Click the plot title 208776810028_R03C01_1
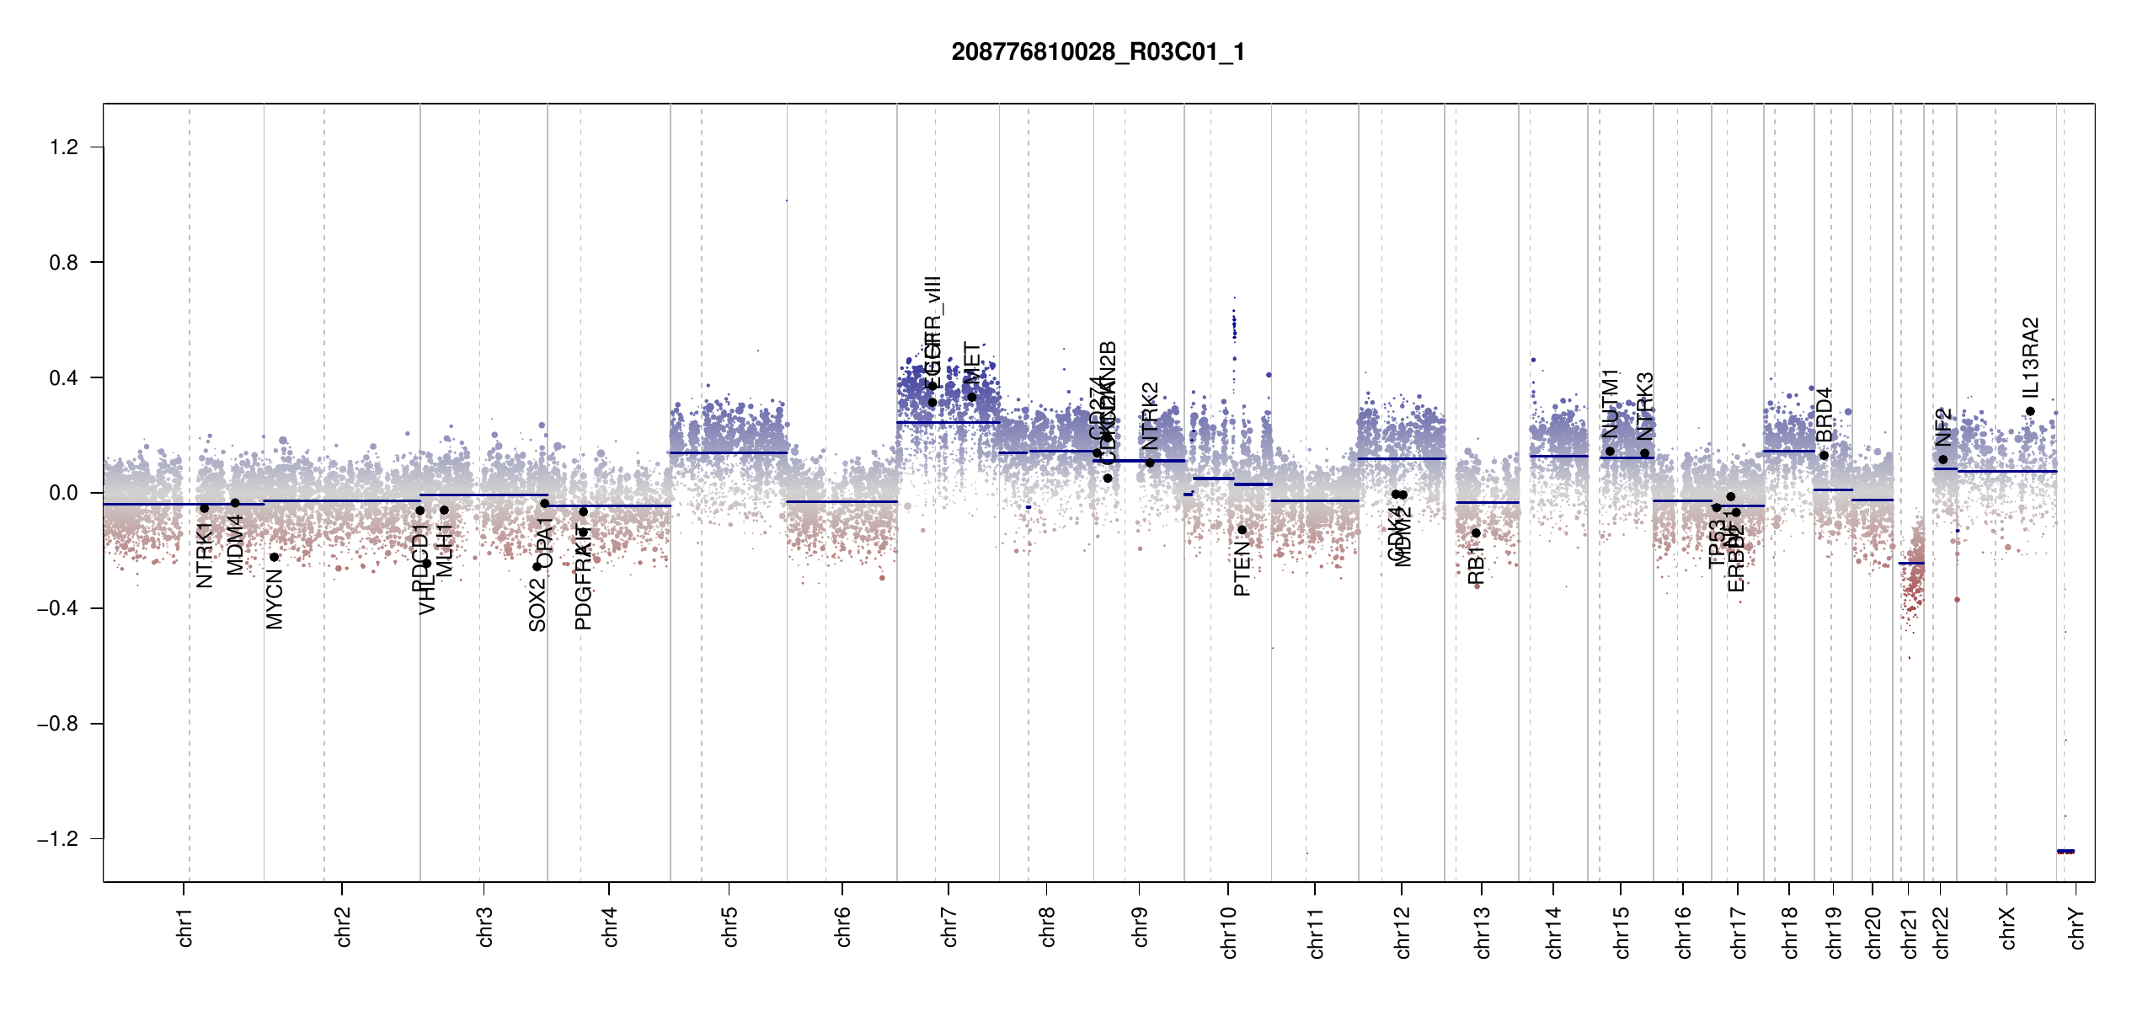(1098, 52)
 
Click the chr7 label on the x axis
(949, 927)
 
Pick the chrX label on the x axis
(2007, 928)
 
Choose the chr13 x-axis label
(1482, 932)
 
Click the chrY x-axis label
(2076, 928)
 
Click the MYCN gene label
(275, 599)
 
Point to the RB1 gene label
(1476, 564)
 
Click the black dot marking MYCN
(274, 557)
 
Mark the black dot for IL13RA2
(2030, 411)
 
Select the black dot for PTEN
(1242, 530)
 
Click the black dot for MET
(971, 397)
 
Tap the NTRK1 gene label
(204, 554)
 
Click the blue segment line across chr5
(729, 452)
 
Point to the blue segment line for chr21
(1911, 563)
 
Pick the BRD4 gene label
(1824, 415)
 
